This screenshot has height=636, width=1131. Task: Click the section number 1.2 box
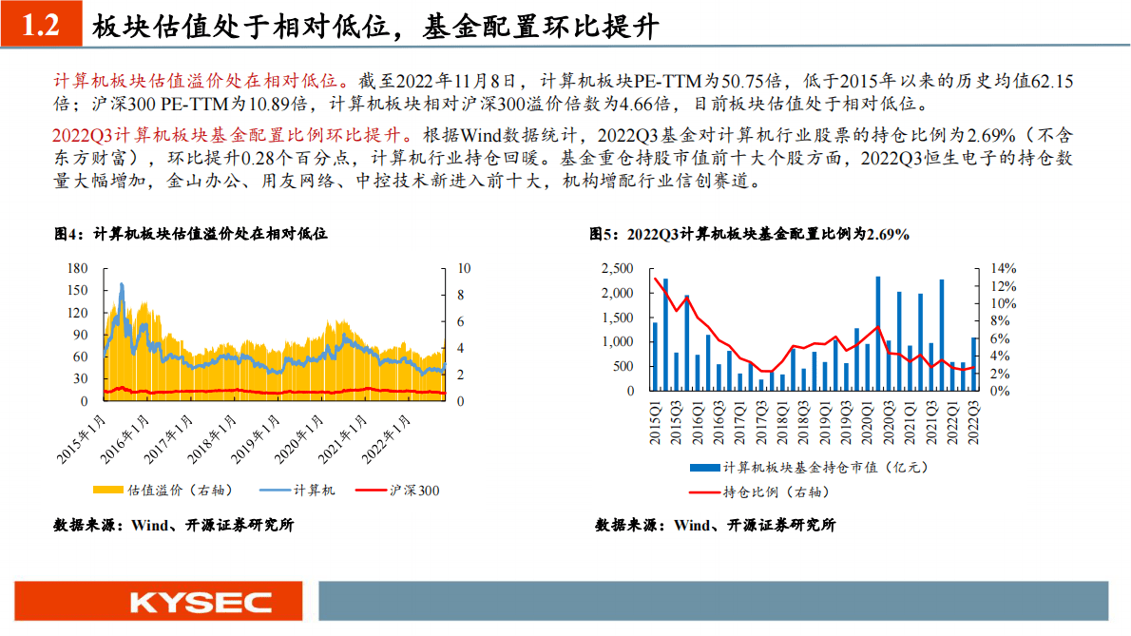40,26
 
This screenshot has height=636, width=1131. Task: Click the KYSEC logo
201,602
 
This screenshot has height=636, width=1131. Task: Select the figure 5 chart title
749,233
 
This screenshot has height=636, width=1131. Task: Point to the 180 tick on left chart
78,269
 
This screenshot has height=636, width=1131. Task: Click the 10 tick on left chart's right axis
462,269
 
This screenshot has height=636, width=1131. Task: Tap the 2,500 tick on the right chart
618,269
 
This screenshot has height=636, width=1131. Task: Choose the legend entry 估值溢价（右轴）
163,491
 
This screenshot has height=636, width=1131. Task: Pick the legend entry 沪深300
397,491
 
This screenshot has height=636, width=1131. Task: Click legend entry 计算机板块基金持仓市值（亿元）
809,467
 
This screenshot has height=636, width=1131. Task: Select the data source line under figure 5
715,525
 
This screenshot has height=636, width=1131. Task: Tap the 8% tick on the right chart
1003,321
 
